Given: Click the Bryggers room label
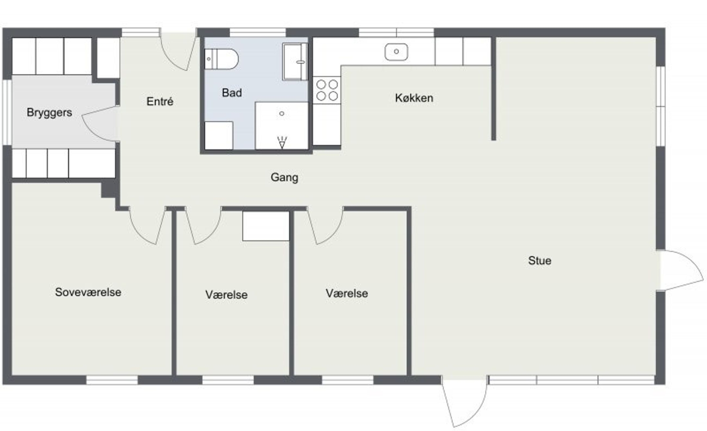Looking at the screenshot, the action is point(49,113).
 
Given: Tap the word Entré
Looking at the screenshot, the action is point(160,101).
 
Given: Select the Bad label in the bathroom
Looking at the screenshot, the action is point(232,93).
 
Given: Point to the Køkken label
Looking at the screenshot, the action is point(414,98).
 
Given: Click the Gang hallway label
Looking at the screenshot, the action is point(284,177).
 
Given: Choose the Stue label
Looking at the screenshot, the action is point(540,261).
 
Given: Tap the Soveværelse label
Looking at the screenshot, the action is point(88,292).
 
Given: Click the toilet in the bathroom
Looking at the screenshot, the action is point(222,59).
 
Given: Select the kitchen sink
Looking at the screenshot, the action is point(396,52).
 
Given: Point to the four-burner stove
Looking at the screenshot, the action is point(327,90).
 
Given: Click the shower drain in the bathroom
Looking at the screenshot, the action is point(282,114).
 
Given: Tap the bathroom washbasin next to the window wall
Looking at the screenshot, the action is point(295,62).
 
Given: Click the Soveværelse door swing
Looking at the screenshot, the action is point(146,225).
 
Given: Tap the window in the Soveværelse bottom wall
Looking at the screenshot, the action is point(112,380).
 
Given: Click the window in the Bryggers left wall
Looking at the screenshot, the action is point(7,113).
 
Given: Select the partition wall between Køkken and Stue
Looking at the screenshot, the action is point(493,89).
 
